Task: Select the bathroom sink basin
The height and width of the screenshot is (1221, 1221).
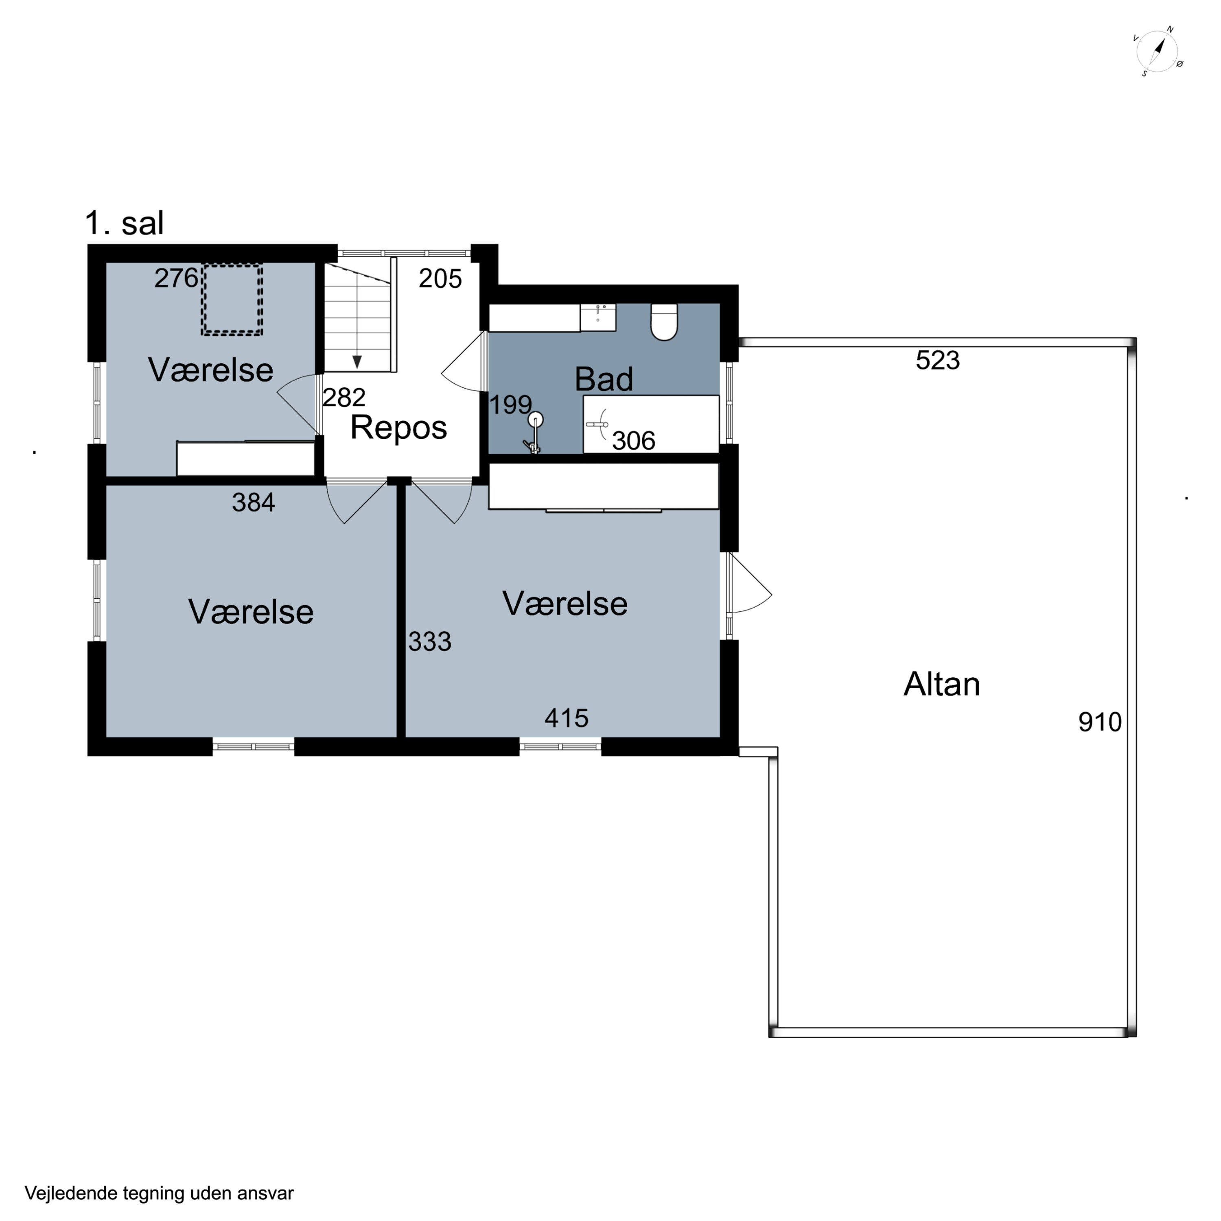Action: click(x=598, y=317)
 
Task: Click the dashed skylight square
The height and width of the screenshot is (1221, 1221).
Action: click(x=232, y=299)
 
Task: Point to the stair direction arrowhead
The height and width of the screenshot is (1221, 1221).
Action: click(x=357, y=361)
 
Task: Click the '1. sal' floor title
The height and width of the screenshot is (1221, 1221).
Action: click(x=125, y=223)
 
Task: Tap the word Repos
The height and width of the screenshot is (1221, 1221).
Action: click(x=399, y=428)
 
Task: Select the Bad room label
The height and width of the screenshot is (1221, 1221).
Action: click(x=604, y=379)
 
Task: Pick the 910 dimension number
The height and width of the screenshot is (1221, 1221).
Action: click(x=1100, y=722)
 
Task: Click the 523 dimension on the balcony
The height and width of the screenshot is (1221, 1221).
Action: click(x=938, y=360)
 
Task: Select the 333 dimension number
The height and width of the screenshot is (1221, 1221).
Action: click(x=430, y=641)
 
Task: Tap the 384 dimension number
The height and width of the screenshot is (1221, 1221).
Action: click(x=254, y=502)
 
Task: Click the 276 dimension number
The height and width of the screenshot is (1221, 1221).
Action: click(x=176, y=278)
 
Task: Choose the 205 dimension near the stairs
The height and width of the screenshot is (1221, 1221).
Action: click(x=440, y=279)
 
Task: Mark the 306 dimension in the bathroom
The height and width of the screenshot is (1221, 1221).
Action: click(x=634, y=440)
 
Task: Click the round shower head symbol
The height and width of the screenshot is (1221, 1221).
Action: click(x=536, y=419)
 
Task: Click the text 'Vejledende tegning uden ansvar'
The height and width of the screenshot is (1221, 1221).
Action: click(x=159, y=1193)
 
